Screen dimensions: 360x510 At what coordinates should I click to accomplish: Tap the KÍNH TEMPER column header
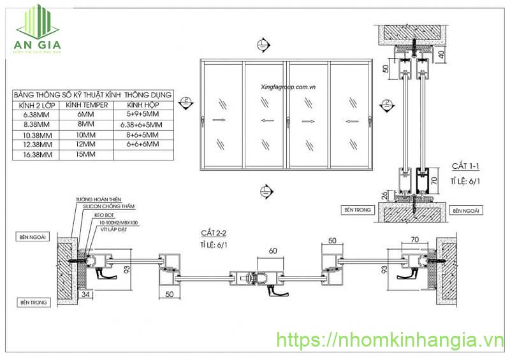point(90,104)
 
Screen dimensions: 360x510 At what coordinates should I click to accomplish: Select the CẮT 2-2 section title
point(214,234)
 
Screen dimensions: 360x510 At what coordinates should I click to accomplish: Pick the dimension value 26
point(382,195)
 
